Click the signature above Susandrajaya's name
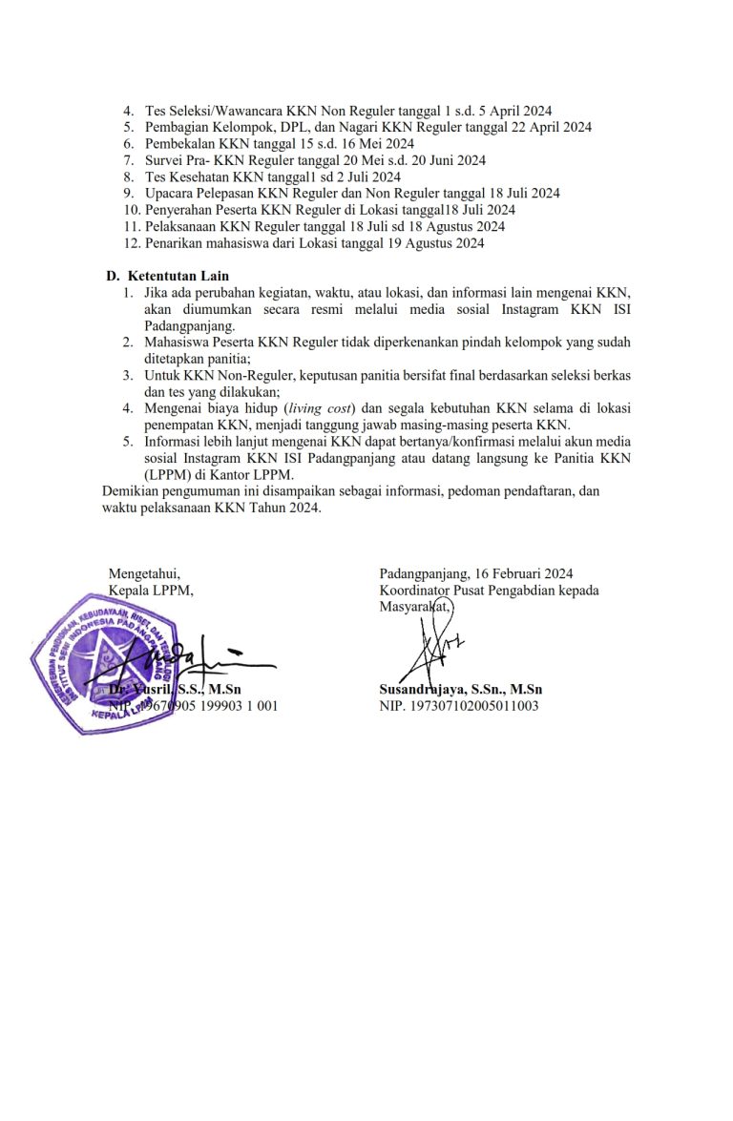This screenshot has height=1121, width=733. [x=436, y=647]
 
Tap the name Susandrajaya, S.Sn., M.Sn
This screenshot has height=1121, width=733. [x=461, y=690]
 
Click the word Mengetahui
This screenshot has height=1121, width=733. [x=143, y=573]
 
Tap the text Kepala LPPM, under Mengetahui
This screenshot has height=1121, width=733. [x=151, y=590]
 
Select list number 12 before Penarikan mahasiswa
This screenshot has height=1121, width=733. [x=132, y=243]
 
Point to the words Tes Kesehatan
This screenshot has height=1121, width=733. [x=188, y=176]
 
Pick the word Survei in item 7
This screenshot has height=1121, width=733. [x=164, y=160]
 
